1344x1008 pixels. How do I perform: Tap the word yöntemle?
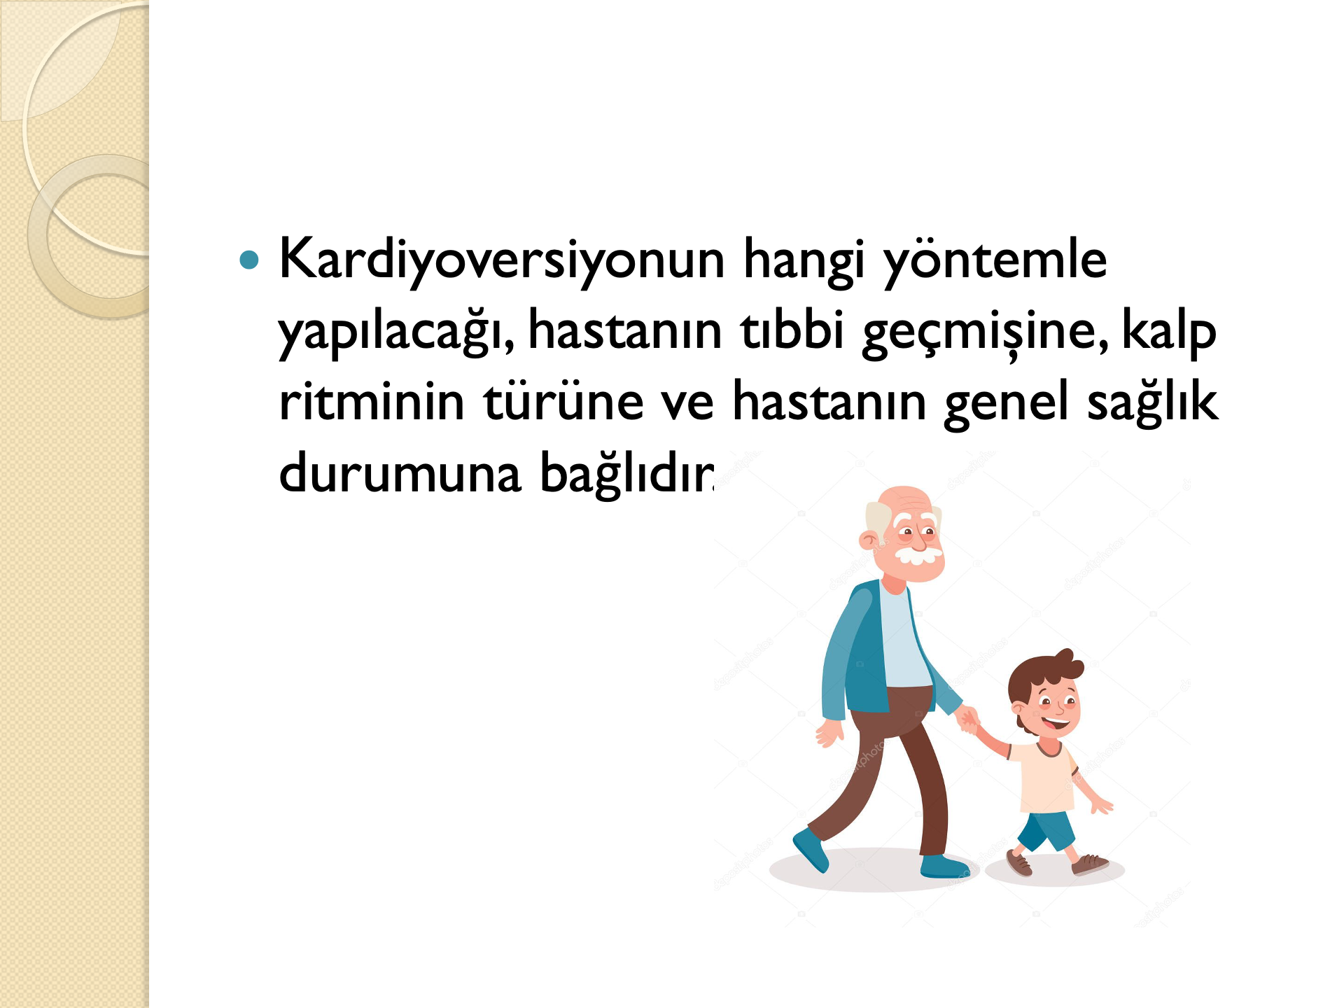tap(995, 261)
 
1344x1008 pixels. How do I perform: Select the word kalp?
tap(1169, 332)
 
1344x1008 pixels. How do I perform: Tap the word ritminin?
tap(372, 400)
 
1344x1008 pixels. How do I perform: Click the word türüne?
tap(563, 400)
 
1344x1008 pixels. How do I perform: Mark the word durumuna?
tap(400, 472)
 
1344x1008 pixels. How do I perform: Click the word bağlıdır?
tap(627, 473)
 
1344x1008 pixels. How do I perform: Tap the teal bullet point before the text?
tap(249, 261)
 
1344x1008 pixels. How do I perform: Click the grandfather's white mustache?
tap(918, 556)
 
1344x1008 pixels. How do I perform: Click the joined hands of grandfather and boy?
tap(968, 719)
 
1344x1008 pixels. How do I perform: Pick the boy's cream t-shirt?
tap(1042, 777)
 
